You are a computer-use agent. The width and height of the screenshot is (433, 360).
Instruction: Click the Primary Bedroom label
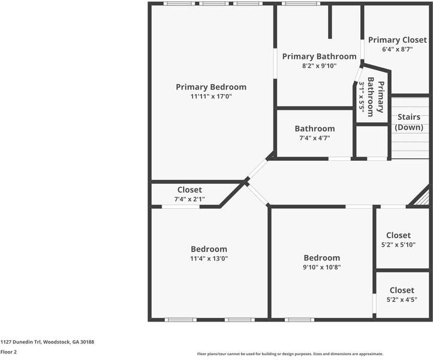coord(211,87)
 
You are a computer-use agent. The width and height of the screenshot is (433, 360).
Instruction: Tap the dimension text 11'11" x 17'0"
coord(211,97)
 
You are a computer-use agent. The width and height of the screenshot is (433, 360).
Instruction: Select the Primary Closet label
coord(397,40)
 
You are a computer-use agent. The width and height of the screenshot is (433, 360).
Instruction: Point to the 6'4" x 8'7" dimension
coord(397,49)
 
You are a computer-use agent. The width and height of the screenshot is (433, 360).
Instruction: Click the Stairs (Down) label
coord(409,122)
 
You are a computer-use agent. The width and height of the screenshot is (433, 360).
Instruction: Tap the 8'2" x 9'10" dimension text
coord(319,66)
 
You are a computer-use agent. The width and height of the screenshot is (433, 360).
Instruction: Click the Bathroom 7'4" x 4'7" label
coord(314,128)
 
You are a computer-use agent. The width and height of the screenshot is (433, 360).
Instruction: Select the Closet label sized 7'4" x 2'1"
coord(190,190)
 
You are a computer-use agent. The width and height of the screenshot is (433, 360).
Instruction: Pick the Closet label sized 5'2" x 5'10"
coord(398,235)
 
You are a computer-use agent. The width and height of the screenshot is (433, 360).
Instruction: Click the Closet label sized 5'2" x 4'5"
coord(402,290)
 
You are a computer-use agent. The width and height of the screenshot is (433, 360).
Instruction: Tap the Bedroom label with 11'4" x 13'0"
coord(209,249)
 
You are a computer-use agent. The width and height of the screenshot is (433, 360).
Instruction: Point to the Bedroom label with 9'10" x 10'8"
coord(321,257)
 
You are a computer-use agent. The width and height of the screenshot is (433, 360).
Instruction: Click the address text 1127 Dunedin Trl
coord(47,341)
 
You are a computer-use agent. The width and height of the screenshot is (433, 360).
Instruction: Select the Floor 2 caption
coord(8,352)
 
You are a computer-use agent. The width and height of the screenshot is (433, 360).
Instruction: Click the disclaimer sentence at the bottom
coord(290,354)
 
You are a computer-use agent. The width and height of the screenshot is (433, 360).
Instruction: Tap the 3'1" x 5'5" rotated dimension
coord(362,98)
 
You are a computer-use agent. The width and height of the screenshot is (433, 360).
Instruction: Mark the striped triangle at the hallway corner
coord(423,197)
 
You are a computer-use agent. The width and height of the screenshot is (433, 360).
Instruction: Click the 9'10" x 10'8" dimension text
coord(321,267)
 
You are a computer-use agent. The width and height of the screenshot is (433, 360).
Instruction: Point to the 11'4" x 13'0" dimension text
coord(209,259)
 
